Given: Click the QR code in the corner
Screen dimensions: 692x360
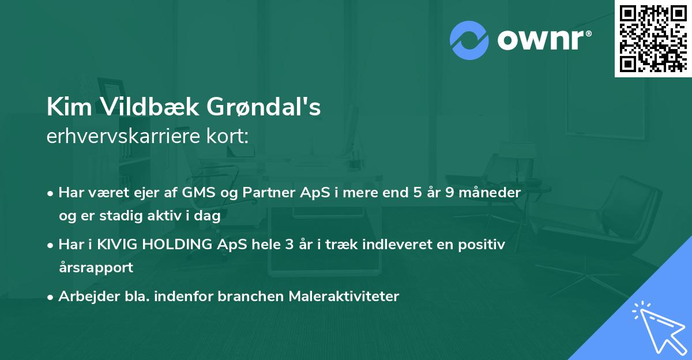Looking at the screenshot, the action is (x=653, y=39).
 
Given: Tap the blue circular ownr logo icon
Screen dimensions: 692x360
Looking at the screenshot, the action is (x=469, y=40).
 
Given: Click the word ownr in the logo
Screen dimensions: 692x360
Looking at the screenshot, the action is (x=541, y=40).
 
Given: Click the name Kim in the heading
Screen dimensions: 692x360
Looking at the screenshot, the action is (x=69, y=107).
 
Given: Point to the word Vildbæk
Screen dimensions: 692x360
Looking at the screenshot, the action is (x=150, y=107).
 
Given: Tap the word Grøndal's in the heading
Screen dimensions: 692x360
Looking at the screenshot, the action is (x=264, y=107).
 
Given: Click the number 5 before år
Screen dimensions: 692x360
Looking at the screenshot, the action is (x=418, y=192).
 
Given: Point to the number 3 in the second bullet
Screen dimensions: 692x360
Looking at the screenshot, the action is (x=289, y=244).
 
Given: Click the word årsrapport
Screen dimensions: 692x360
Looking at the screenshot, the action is (x=96, y=268).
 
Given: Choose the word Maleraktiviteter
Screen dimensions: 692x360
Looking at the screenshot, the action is (x=344, y=296).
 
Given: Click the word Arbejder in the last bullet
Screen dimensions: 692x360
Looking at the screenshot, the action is (x=89, y=297).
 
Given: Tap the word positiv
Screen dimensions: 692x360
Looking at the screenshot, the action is (x=482, y=245).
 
